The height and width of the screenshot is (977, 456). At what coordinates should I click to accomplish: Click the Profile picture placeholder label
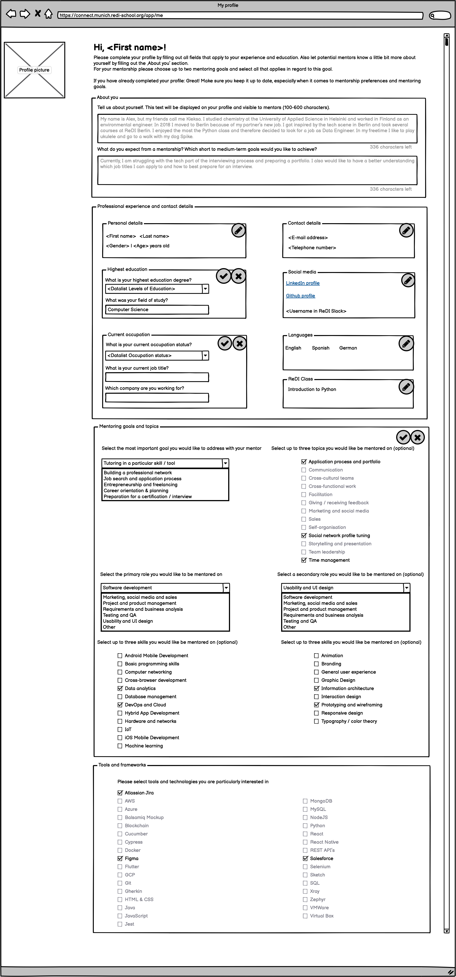(x=34, y=70)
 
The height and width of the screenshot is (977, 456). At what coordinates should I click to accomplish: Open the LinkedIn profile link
(x=302, y=283)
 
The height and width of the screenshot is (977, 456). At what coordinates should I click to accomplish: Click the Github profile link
(x=300, y=296)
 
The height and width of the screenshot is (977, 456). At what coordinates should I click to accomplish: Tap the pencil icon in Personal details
(x=238, y=230)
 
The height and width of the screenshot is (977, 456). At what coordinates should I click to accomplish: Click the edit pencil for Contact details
(x=406, y=230)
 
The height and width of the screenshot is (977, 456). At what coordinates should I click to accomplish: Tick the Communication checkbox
(x=304, y=470)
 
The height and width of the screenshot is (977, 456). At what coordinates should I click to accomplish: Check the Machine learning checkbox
(x=120, y=746)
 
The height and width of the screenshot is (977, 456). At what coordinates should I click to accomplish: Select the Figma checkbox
(x=120, y=858)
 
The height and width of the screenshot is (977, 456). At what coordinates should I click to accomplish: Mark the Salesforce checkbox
(x=305, y=858)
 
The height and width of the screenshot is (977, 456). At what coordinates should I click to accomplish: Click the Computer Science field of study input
(x=157, y=310)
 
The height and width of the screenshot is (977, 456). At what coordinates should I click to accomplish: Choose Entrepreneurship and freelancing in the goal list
(x=140, y=485)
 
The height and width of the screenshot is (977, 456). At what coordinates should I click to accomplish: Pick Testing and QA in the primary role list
(x=119, y=615)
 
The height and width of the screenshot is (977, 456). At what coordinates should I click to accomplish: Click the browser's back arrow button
(x=11, y=14)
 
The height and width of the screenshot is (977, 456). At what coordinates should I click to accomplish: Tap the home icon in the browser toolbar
(x=48, y=14)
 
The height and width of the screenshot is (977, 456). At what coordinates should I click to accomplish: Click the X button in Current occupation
(x=239, y=344)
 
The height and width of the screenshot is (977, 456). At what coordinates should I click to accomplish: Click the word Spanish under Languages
(x=321, y=348)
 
